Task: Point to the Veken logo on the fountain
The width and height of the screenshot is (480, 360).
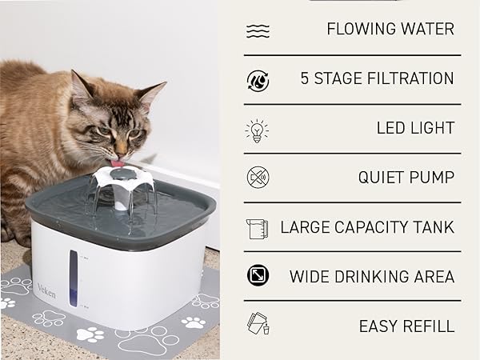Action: tap(47, 286)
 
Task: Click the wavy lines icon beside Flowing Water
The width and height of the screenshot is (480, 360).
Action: tap(258, 31)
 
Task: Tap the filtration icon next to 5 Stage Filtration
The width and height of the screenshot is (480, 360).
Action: tap(258, 79)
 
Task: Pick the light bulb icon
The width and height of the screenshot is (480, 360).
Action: tap(258, 129)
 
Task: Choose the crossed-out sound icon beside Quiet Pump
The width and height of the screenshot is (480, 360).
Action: tap(258, 178)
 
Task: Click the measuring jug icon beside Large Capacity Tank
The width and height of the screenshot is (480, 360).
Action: tap(258, 228)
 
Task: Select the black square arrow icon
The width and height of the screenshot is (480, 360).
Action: tap(258, 277)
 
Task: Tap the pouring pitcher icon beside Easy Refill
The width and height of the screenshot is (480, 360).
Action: tap(258, 326)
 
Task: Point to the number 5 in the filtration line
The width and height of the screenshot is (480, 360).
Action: tap(306, 78)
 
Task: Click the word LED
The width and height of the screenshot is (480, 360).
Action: tap(392, 128)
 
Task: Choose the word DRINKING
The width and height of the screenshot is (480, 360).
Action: tap(374, 277)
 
